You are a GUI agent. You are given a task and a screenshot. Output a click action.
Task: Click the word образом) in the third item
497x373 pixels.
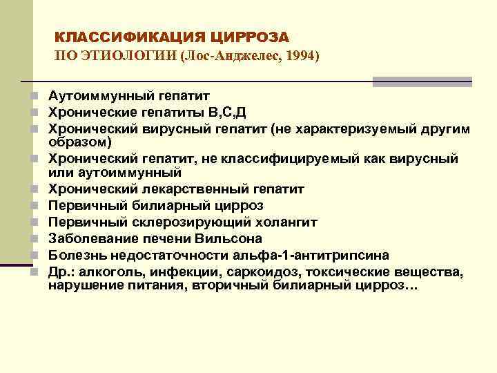click(x=78, y=142)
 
